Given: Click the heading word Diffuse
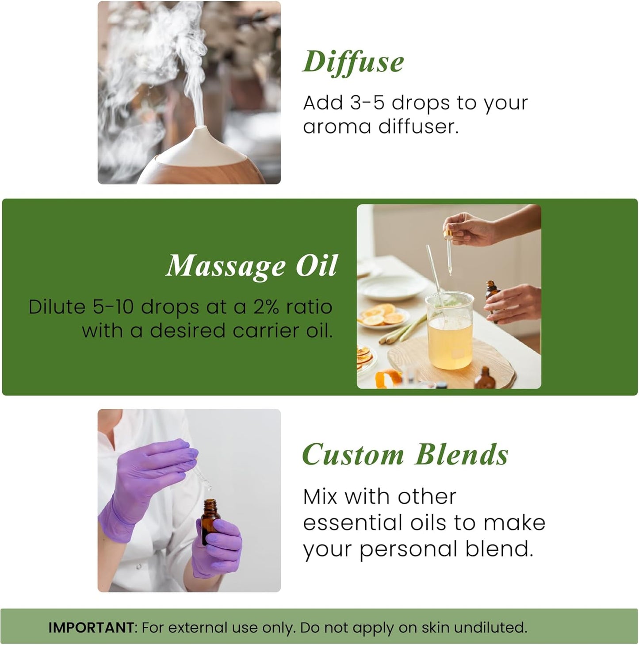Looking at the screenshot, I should point(353,62).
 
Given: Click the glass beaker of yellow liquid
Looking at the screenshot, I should point(449,332).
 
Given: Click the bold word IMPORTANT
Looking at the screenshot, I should point(91,627).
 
